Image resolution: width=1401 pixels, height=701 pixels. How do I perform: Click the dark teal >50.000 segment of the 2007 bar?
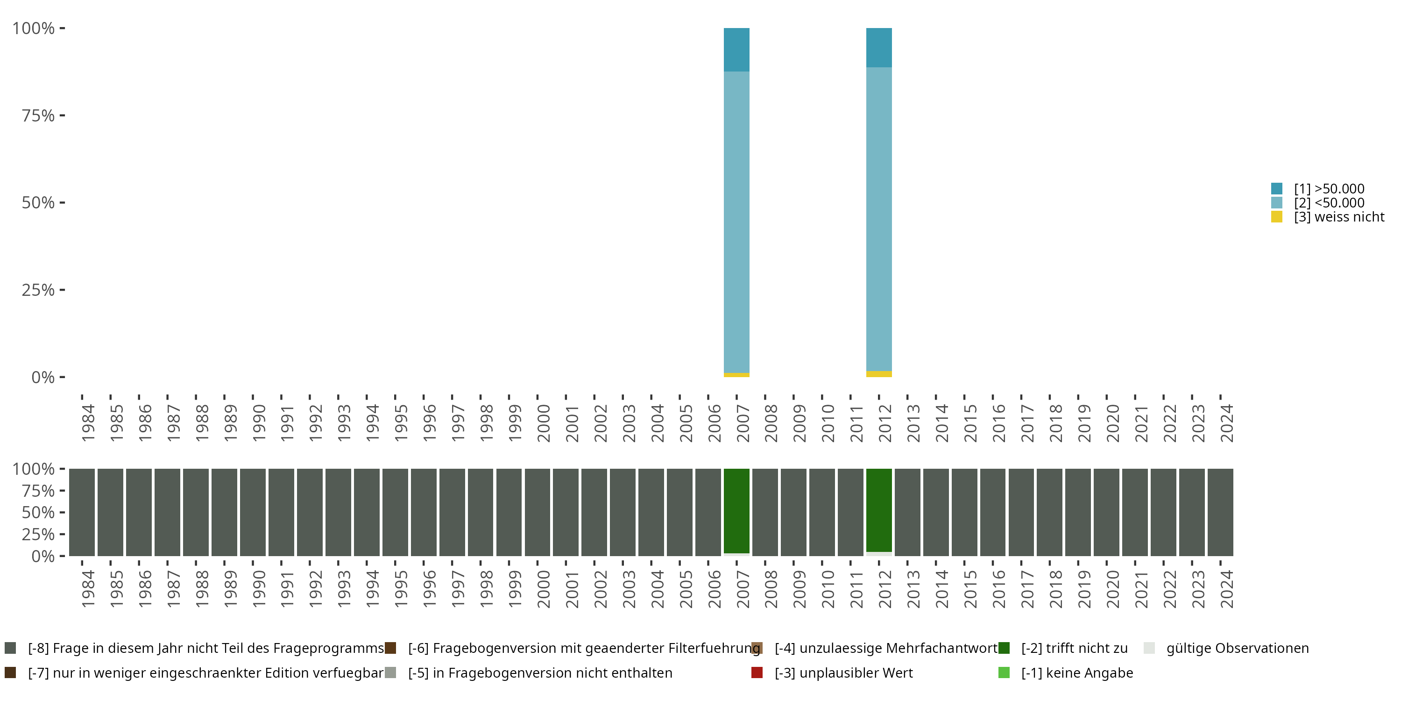(x=736, y=50)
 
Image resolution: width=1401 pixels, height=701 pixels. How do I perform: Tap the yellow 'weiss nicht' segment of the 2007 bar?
(x=736, y=375)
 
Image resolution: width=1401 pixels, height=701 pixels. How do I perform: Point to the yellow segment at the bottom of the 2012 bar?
(x=879, y=374)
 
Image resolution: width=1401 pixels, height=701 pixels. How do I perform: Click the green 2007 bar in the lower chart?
(x=736, y=510)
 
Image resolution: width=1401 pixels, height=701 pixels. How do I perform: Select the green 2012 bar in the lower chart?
(x=879, y=510)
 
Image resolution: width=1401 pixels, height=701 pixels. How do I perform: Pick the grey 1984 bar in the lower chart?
(x=82, y=512)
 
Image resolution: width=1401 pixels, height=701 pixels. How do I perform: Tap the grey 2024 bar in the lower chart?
(x=1220, y=512)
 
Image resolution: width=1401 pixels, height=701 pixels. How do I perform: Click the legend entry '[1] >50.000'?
(x=1329, y=189)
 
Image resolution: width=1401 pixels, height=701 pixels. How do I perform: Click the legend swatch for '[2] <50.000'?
(x=1277, y=203)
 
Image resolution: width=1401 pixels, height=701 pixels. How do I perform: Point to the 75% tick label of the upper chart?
(x=38, y=115)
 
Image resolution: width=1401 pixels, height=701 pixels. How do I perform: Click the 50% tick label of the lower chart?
(x=38, y=512)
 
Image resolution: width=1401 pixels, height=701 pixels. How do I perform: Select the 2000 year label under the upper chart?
(x=543, y=423)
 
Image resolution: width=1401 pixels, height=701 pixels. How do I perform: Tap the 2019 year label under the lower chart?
(x=1084, y=589)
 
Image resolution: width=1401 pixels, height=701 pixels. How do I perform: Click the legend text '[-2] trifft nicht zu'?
(x=1074, y=648)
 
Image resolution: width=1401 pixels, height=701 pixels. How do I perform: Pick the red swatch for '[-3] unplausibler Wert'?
(x=757, y=672)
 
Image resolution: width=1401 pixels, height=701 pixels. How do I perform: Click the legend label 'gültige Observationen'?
(x=1237, y=648)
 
